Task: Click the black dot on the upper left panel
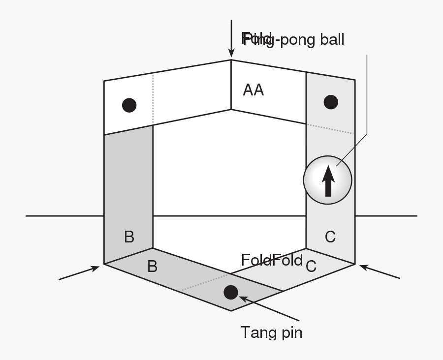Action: click(129, 105)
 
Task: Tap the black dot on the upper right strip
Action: click(331, 102)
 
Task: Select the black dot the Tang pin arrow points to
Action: click(230, 292)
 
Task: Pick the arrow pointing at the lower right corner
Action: click(379, 271)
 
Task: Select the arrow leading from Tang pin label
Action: click(268, 308)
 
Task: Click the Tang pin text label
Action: click(271, 333)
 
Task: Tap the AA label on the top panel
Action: click(253, 90)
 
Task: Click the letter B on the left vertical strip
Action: click(129, 237)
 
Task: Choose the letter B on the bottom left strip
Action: click(152, 267)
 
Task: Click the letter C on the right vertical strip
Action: click(330, 237)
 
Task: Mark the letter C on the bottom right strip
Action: click(311, 267)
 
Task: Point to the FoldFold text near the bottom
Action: click(272, 260)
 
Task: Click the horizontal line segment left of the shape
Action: click(64, 215)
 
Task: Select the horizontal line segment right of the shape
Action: click(386, 215)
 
